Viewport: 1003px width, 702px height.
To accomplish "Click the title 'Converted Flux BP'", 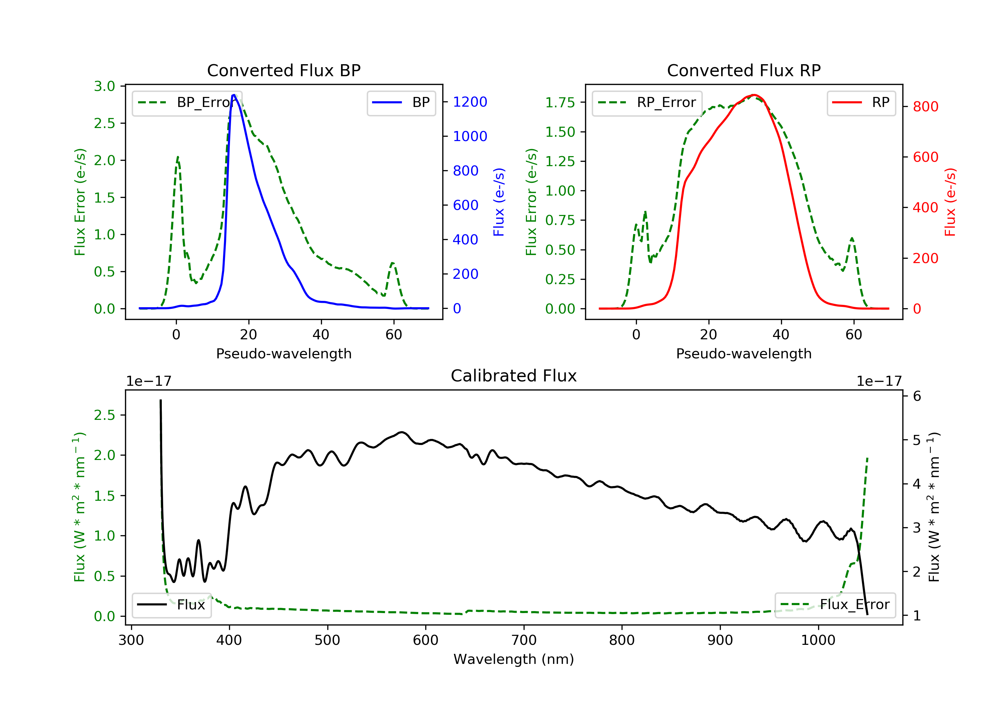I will click(284, 70).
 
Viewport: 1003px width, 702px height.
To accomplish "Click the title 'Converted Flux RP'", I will click(744, 70).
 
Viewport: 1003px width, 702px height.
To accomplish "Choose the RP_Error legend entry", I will click(647, 103).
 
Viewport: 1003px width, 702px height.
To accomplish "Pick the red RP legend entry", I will click(861, 103).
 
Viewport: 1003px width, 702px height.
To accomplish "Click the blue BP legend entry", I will click(401, 103).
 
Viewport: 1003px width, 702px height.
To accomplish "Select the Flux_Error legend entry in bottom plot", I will click(835, 605).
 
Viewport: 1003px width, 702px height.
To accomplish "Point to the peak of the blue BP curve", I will click(234, 95).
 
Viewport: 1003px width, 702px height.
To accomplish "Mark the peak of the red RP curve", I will click(754, 95).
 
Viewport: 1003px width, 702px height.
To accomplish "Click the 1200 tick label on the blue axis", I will click(470, 102).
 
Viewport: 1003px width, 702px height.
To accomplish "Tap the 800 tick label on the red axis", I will click(925, 107).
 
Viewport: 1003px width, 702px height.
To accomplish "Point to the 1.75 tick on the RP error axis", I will click(560, 103).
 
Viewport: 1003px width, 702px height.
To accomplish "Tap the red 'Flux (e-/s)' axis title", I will click(950, 202).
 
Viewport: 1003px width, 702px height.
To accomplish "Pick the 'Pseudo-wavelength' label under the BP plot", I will click(284, 353).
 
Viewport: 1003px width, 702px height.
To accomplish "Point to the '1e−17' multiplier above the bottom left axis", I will click(148, 381).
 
